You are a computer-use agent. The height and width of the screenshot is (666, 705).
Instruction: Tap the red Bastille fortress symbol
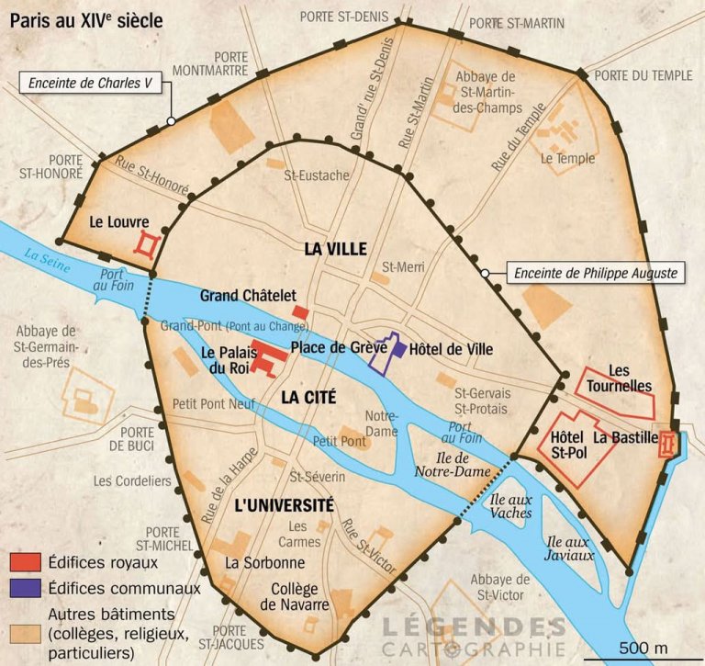[x=667, y=445]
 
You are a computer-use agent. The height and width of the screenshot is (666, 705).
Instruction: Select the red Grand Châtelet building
[x=300, y=313]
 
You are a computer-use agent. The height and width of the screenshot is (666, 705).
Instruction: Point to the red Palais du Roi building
[x=264, y=359]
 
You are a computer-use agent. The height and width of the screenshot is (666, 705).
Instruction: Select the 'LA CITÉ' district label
[x=308, y=398]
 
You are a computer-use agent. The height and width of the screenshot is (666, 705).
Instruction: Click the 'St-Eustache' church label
[x=316, y=175]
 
